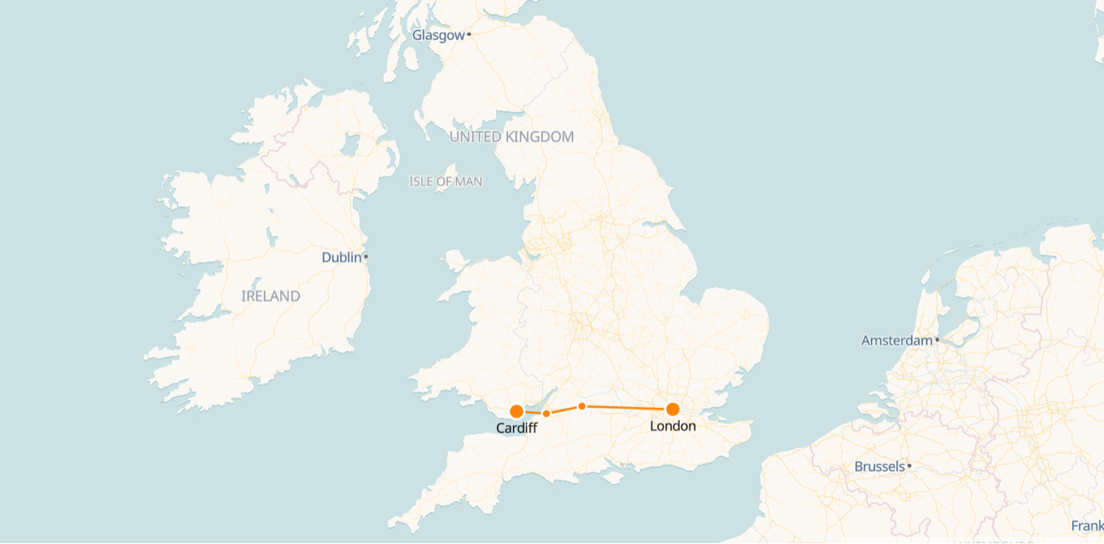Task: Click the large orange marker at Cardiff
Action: click(516, 411)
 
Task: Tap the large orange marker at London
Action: click(672, 409)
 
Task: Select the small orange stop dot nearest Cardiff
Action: click(546, 414)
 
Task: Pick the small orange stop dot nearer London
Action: click(582, 406)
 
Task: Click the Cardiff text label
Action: click(516, 429)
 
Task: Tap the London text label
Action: click(672, 426)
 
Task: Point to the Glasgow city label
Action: click(438, 35)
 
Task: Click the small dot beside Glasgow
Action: click(469, 34)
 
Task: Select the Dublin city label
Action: click(341, 257)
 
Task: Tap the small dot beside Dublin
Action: click(366, 257)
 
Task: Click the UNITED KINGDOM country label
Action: click(512, 137)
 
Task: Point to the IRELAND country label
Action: click(271, 297)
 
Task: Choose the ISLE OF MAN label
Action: click(445, 181)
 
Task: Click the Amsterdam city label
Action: click(896, 341)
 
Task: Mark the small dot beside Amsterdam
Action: click(938, 340)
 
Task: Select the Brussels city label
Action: click(879, 467)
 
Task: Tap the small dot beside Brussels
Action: click(909, 466)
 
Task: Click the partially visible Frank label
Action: click(1087, 526)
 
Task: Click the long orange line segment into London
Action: click(626, 408)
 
